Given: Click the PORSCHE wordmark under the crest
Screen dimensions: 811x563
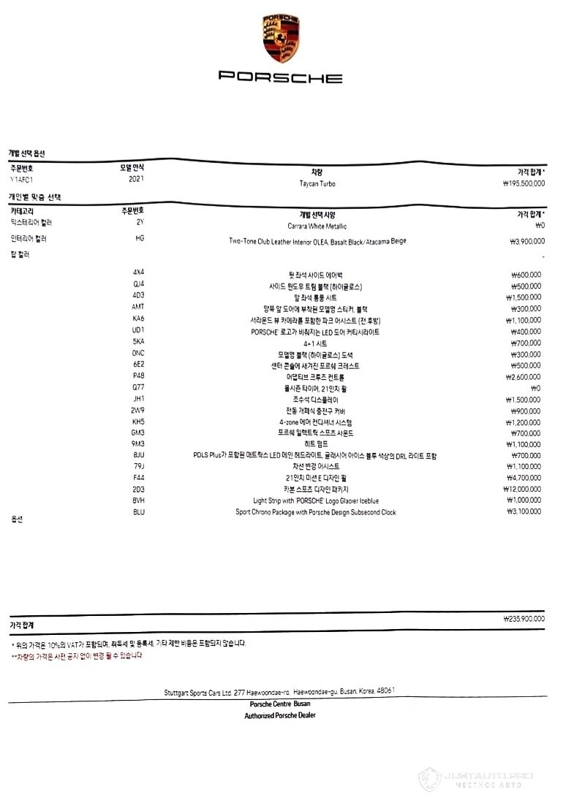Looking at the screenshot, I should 280,77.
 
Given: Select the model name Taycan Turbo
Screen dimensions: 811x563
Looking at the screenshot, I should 317,183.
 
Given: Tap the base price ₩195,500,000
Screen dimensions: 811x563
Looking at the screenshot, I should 519,183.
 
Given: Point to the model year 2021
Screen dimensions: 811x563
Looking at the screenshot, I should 136,178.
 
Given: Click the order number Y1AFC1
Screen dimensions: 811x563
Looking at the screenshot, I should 22,178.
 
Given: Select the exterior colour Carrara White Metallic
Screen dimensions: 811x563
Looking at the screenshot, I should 317,226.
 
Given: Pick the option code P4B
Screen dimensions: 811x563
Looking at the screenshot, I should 138,376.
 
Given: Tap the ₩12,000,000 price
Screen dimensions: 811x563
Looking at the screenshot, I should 524,489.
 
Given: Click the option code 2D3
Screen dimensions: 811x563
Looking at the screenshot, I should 138,489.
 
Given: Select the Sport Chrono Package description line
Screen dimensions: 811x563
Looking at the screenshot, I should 315,512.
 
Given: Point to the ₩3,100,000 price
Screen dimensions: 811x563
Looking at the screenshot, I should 525,512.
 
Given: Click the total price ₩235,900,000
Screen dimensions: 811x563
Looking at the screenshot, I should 524,619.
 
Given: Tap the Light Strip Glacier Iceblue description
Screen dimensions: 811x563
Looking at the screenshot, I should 316,500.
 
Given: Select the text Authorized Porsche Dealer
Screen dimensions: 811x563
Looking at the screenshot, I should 280,715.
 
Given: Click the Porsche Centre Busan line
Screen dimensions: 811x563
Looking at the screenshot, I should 280,704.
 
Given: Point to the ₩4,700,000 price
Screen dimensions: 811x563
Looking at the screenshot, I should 525,478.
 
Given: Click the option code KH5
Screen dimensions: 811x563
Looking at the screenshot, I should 138,422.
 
